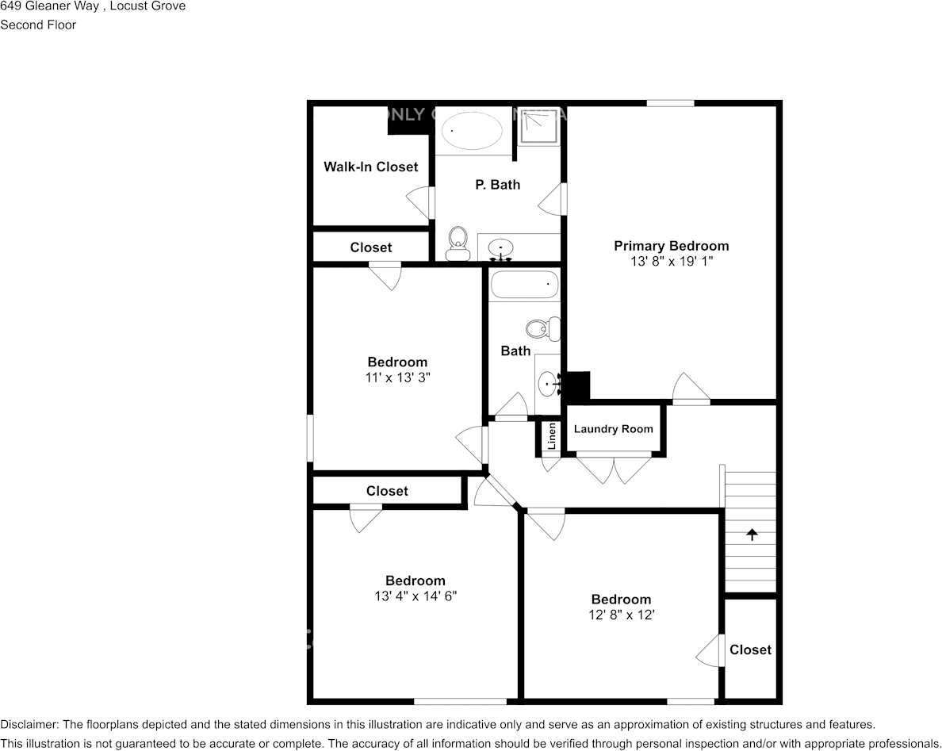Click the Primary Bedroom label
[x=671, y=246]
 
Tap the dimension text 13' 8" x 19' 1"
[x=671, y=261]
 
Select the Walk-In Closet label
[x=370, y=167]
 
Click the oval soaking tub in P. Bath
[x=472, y=130]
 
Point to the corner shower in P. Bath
[x=540, y=127]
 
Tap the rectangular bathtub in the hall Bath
[x=524, y=284]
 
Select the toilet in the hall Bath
[x=545, y=328]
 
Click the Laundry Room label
[x=613, y=429]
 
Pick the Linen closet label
[x=551, y=436]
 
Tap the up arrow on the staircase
[x=751, y=535]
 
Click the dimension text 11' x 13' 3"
[x=396, y=377]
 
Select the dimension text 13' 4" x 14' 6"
[x=415, y=596]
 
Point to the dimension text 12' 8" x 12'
[x=621, y=615]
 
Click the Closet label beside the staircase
[x=750, y=649]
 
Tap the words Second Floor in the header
[x=38, y=25]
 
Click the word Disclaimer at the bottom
[x=28, y=724]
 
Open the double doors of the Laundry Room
[x=614, y=468]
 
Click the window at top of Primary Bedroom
[x=670, y=103]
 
